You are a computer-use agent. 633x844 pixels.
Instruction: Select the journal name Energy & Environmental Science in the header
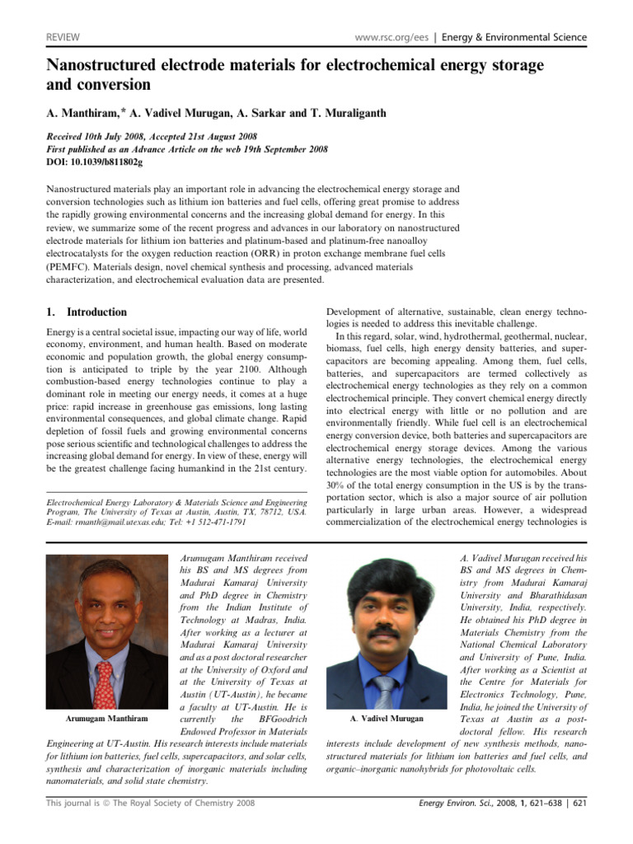515,37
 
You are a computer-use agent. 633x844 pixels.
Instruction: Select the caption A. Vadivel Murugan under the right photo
386,719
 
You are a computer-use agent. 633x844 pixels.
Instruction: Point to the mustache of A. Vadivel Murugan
384,633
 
